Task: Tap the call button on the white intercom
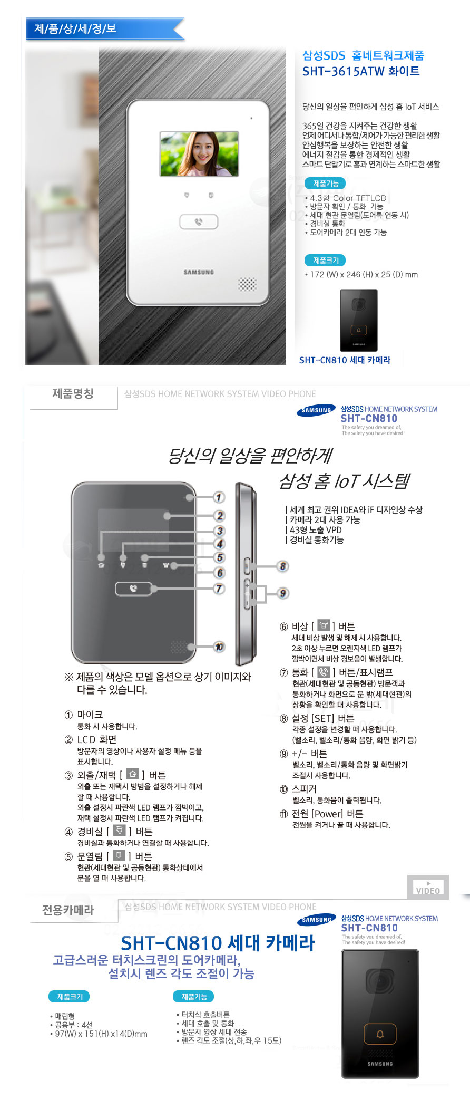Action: pos(199,222)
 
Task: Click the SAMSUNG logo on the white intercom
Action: pos(199,272)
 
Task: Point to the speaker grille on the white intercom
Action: pos(247,284)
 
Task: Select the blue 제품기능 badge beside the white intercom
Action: pos(326,184)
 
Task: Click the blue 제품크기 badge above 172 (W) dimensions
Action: pos(326,261)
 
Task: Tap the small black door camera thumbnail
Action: pos(359,320)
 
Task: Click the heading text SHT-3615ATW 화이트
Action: pos(361,72)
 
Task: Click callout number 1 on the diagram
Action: pos(219,497)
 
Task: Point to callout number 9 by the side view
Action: pos(283,593)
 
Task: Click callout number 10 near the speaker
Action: pos(219,647)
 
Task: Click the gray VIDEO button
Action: pos(428,888)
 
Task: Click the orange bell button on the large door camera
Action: pos(380,1034)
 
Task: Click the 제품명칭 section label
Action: pos(73,394)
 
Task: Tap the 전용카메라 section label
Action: pos(68,910)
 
